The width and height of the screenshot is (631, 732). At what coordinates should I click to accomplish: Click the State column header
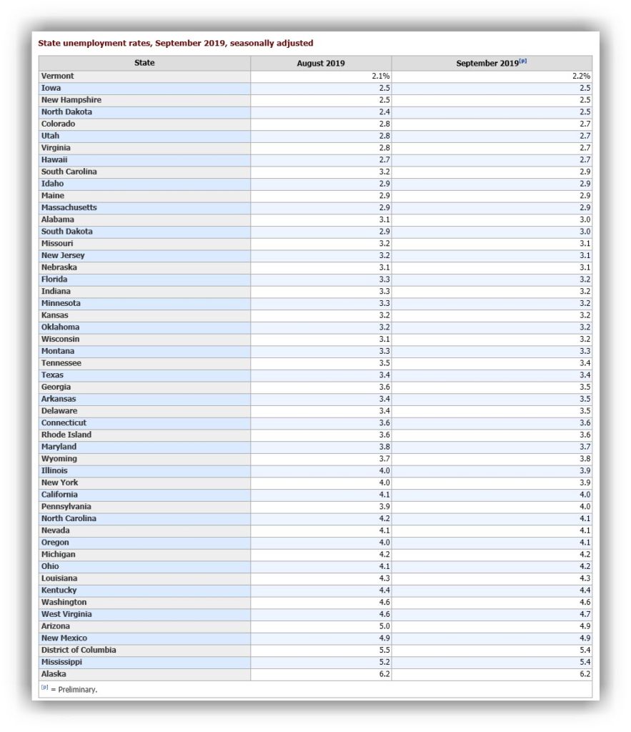[x=144, y=63]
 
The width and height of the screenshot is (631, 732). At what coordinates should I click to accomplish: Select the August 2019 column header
[x=321, y=64]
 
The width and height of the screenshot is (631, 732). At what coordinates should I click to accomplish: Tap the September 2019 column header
[x=487, y=64]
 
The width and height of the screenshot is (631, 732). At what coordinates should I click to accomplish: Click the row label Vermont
[x=58, y=76]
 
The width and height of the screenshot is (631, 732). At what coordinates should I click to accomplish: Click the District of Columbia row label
[x=79, y=650]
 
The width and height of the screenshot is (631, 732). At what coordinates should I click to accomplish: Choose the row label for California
[x=59, y=495]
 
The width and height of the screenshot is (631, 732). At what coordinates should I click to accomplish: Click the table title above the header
[x=176, y=44]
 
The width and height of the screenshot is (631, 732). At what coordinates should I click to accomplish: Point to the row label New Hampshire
[x=71, y=100]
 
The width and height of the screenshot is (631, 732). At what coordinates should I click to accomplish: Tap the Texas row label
[x=52, y=375]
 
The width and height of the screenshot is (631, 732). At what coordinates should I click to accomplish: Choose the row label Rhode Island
[x=66, y=435]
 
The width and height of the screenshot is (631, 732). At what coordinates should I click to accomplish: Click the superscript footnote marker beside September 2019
[x=524, y=61]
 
